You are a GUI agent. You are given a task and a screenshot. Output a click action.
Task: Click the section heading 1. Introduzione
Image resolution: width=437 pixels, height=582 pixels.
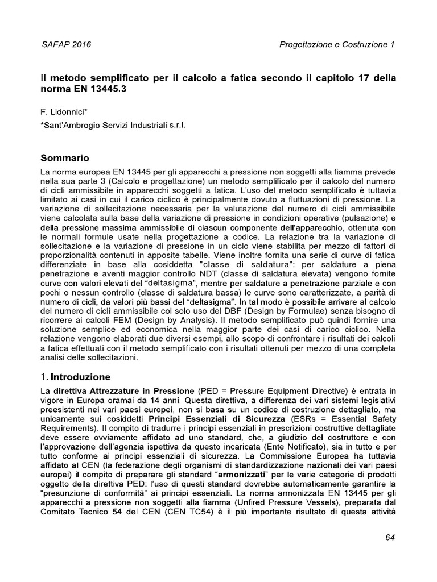pos(79,377)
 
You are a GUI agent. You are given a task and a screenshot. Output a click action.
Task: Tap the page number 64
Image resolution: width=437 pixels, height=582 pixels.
pos(390,537)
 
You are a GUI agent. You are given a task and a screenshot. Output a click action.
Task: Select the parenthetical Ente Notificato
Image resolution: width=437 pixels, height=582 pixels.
pos(298,447)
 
